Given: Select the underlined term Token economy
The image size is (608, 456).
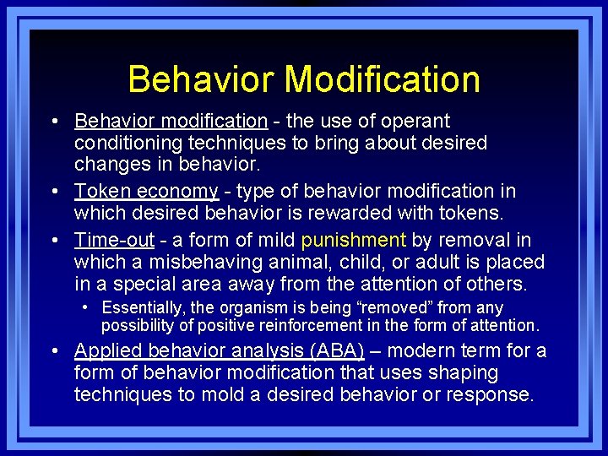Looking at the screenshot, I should [x=146, y=192].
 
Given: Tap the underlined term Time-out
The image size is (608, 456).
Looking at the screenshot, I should [x=115, y=240].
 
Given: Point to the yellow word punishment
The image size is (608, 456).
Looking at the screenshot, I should [x=354, y=240].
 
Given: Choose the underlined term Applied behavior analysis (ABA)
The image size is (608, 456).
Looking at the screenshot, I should [x=220, y=350].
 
